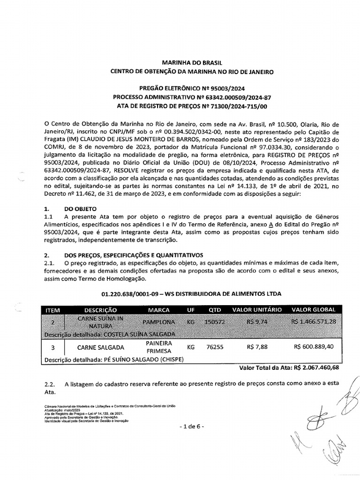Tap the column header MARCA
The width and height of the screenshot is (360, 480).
click(158, 310)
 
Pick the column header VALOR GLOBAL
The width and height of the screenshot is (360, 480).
click(313, 310)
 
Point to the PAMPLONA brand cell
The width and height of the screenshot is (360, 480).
click(158, 322)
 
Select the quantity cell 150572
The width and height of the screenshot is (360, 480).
click(216, 322)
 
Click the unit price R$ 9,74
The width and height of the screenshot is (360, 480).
click(256, 322)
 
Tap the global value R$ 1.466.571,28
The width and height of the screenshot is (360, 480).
click(313, 322)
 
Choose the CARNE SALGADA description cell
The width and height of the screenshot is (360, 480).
click(100, 347)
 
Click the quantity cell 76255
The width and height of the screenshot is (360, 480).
click(215, 347)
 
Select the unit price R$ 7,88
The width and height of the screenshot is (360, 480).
click(256, 347)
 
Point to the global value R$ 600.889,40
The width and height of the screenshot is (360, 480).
click(313, 347)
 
